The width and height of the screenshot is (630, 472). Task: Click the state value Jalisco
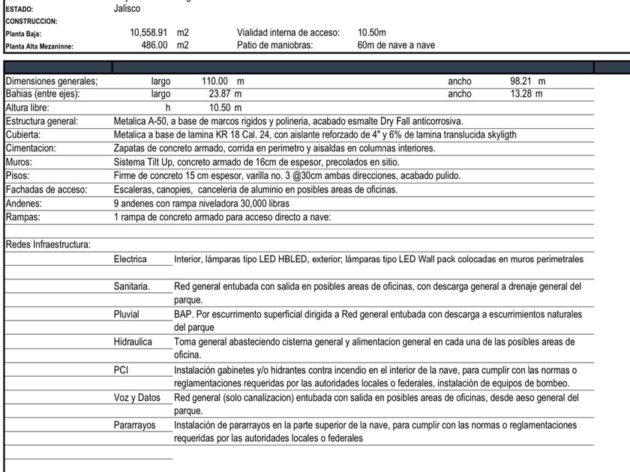[127, 8]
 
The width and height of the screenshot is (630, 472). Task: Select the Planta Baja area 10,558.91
[148, 33]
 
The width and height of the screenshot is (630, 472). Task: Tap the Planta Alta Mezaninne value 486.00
[154, 46]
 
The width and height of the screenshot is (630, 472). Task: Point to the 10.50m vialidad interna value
[372, 33]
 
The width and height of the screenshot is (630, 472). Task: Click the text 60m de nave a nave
[396, 46]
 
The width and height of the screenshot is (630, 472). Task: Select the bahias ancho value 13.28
[525, 94]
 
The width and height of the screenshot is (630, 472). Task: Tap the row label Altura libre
[28, 108]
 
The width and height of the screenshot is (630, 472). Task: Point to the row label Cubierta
[24, 135]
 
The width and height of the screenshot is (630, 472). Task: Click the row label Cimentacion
[31, 148]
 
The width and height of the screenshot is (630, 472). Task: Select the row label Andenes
[24, 203]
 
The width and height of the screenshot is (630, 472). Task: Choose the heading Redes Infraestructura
[48, 244]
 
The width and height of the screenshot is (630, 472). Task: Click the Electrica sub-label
[130, 259]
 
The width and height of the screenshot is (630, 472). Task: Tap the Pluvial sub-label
[127, 315]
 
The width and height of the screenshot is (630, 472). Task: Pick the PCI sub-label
[121, 369]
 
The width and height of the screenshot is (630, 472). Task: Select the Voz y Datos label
[137, 397]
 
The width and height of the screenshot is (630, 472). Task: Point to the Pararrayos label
[135, 425]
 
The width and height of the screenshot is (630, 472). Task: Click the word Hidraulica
[133, 342]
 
